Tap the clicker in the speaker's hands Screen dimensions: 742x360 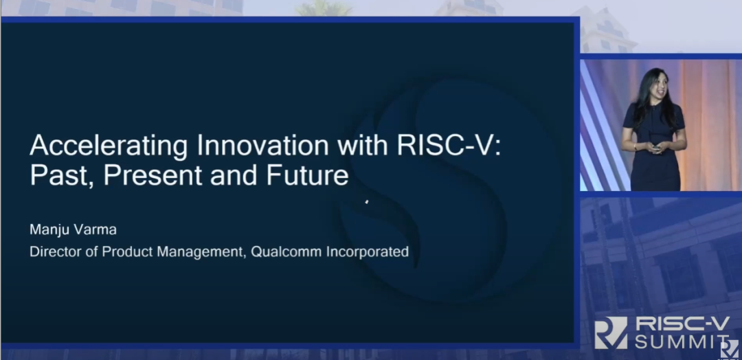point(655,147)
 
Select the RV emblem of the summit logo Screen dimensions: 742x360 point(611,333)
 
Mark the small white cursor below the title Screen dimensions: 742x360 point(367,202)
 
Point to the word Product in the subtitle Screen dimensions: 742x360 point(127,251)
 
